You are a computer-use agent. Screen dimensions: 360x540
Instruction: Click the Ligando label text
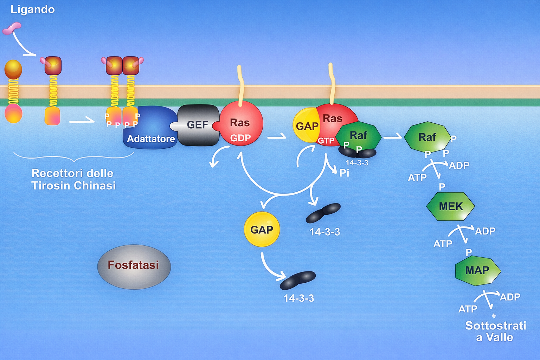(32, 9)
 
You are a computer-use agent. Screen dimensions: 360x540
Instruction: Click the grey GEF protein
(198, 125)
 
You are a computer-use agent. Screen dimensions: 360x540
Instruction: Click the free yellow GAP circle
(262, 229)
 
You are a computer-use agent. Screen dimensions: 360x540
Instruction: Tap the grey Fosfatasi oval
(134, 266)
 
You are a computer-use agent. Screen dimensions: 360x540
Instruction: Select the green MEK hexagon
(450, 206)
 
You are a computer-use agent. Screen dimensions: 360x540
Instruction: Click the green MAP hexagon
(477, 270)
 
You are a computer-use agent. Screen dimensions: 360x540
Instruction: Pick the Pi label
(344, 173)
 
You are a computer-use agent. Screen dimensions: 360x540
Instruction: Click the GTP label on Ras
(326, 141)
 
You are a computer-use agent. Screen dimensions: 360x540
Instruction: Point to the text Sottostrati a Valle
(495, 331)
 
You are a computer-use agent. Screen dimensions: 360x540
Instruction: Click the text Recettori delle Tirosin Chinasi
(73, 179)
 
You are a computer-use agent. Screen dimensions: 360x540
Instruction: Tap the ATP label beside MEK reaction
(443, 244)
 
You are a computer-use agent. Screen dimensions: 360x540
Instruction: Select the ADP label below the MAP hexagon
(510, 297)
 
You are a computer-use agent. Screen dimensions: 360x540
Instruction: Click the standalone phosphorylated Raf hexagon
(427, 137)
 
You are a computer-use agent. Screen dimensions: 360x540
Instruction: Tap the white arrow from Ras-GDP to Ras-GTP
(277, 136)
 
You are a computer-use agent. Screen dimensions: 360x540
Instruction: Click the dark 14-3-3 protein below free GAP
(298, 280)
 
